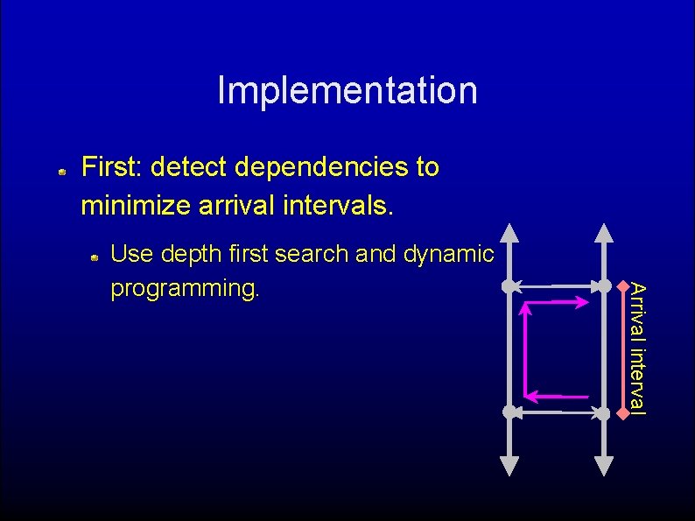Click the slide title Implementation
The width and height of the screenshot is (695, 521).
pyautogui.click(x=347, y=90)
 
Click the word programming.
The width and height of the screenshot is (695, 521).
pyautogui.click(x=185, y=288)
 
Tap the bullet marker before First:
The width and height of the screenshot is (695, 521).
pyautogui.click(x=62, y=172)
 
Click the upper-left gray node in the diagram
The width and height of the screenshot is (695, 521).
pyautogui.click(x=509, y=285)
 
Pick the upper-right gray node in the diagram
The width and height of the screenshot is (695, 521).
pyautogui.click(x=604, y=285)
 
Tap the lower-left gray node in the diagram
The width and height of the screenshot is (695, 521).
pyautogui.click(x=509, y=412)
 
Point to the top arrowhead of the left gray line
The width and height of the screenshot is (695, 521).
pyautogui.click(x=509, y=233)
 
